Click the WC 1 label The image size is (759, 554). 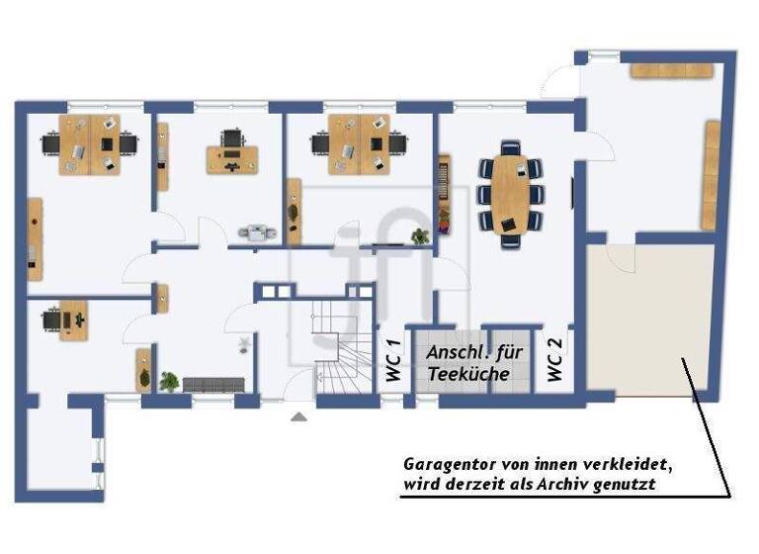point(391,361)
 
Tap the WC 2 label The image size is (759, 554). point(554,360)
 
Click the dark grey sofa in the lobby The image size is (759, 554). point(212,384)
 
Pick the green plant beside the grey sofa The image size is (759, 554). point(169,381)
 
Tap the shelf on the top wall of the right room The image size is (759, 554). point(672,70)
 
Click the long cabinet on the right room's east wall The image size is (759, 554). point(710,174)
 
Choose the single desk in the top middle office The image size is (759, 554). point(232,156)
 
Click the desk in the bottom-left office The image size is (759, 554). point(69,319)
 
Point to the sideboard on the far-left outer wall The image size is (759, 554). point(35,237)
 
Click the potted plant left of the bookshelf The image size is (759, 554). point(420,235)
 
